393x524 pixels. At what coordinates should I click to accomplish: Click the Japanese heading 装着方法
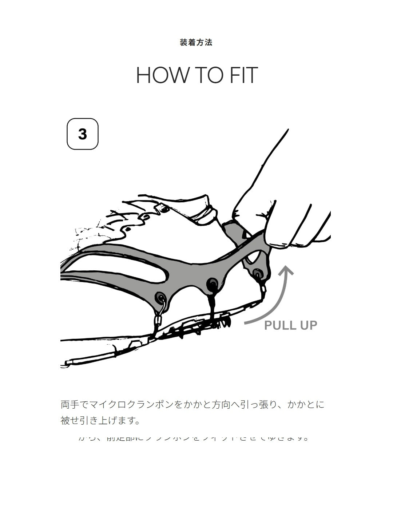coord(196,43)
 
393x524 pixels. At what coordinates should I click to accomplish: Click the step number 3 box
coord(83,134)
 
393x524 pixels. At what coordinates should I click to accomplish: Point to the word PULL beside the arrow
coord(279,325)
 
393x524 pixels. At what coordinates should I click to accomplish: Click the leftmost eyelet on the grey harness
coord(160,298)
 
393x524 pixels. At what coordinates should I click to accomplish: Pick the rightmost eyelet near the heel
coord(258,273)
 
